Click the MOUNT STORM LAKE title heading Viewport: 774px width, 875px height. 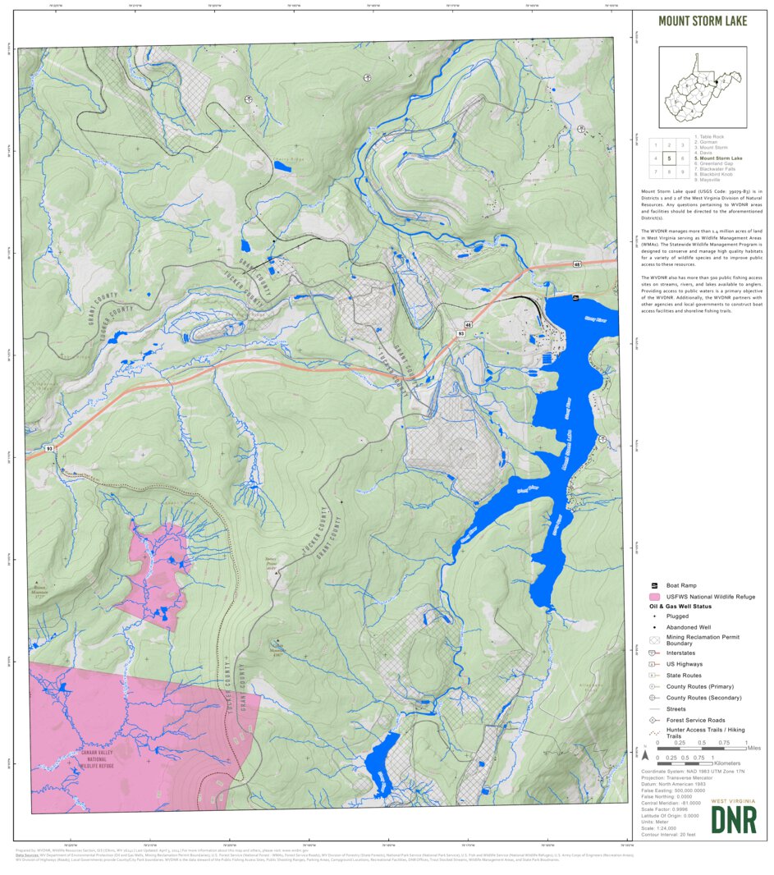coord(703,21)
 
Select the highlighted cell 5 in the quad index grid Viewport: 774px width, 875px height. coord(670,158)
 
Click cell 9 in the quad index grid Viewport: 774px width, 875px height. coord(684,172)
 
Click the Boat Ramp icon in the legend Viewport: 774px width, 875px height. coord(653,584)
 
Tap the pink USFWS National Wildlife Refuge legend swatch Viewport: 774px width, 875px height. coord(654,596)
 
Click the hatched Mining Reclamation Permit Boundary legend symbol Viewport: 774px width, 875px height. coord(654,640)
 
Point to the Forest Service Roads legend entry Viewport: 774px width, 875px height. coord(695,720)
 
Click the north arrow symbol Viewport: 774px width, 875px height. coord(645,752)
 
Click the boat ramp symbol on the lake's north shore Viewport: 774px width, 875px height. coord(575,297)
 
